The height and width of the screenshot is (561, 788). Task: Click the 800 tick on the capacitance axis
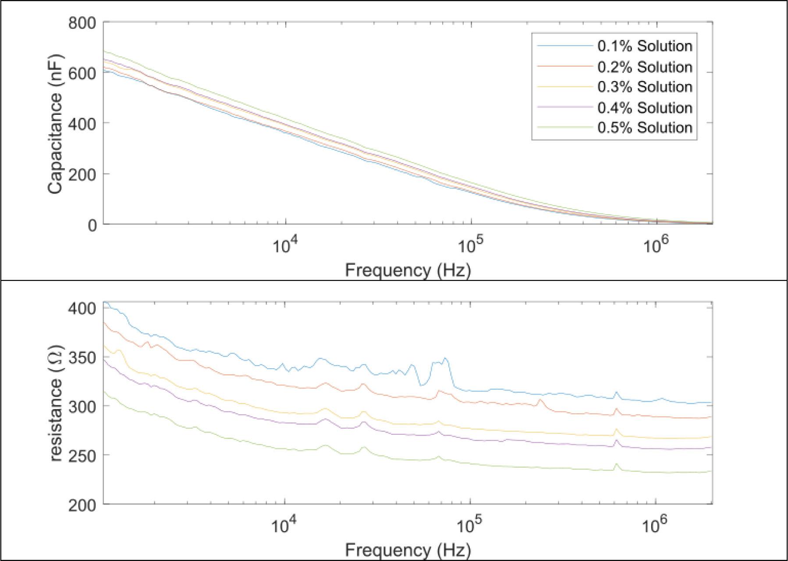82,22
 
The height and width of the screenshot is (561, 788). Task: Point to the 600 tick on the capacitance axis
82,73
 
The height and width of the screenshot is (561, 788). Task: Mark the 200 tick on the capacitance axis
82,174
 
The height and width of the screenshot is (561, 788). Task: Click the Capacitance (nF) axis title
56,124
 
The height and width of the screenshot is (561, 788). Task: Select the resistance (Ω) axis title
56,403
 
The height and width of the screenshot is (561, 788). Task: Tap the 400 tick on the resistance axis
82,309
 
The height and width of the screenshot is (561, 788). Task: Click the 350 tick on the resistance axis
82,358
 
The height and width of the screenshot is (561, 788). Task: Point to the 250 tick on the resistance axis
82,456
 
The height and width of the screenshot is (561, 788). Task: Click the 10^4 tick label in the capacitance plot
286,245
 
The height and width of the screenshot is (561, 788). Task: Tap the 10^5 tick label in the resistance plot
470,525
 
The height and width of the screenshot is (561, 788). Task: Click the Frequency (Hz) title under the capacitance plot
408,270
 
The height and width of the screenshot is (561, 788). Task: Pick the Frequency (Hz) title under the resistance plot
408,550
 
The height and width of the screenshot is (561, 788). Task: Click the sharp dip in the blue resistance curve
421,385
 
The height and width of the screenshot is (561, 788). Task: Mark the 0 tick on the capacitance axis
92,225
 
